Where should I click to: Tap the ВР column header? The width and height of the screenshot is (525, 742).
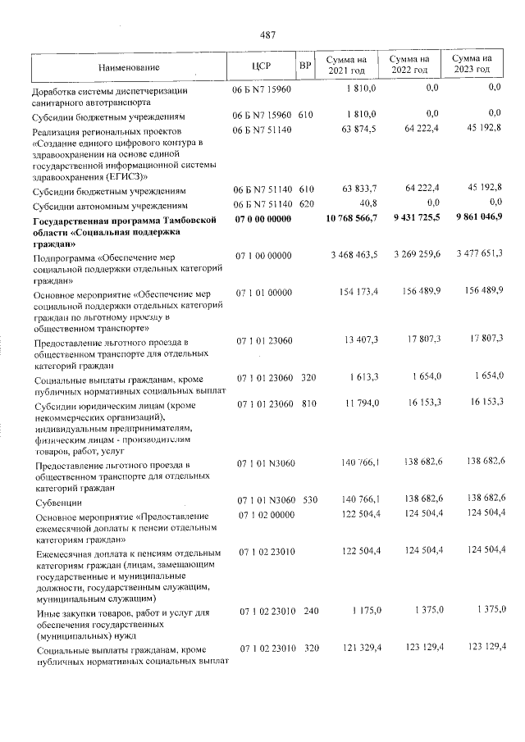(x=304, y=66)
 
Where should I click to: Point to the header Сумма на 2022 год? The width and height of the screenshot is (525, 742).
(x=409, y=66)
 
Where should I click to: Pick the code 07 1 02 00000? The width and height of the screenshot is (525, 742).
(x=262, y=515)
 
